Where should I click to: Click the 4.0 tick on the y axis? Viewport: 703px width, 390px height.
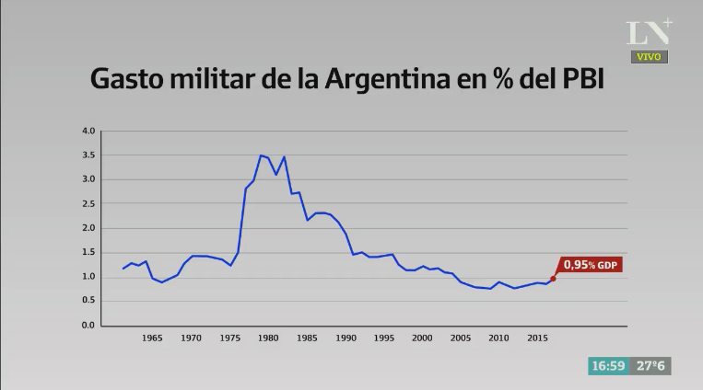pos(88,131)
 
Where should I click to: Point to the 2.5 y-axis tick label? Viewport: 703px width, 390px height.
pos(88,203)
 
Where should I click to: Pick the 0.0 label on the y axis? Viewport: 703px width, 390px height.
pos(88,326)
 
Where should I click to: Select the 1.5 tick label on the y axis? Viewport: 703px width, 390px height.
pos(88,252)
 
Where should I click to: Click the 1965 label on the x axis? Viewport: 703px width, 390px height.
pos(152,338)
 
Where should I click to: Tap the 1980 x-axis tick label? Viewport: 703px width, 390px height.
pos(268,338)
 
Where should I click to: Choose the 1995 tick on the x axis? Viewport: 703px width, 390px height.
pos(383,338)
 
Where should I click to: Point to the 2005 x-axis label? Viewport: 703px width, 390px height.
pos(461,338)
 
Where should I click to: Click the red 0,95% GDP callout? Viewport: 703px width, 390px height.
pos(591,265)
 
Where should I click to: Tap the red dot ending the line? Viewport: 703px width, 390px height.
pos(553,279)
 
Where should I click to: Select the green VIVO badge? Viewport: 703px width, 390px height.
pos(650,56)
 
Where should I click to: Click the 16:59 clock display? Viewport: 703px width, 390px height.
pos(608,366)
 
